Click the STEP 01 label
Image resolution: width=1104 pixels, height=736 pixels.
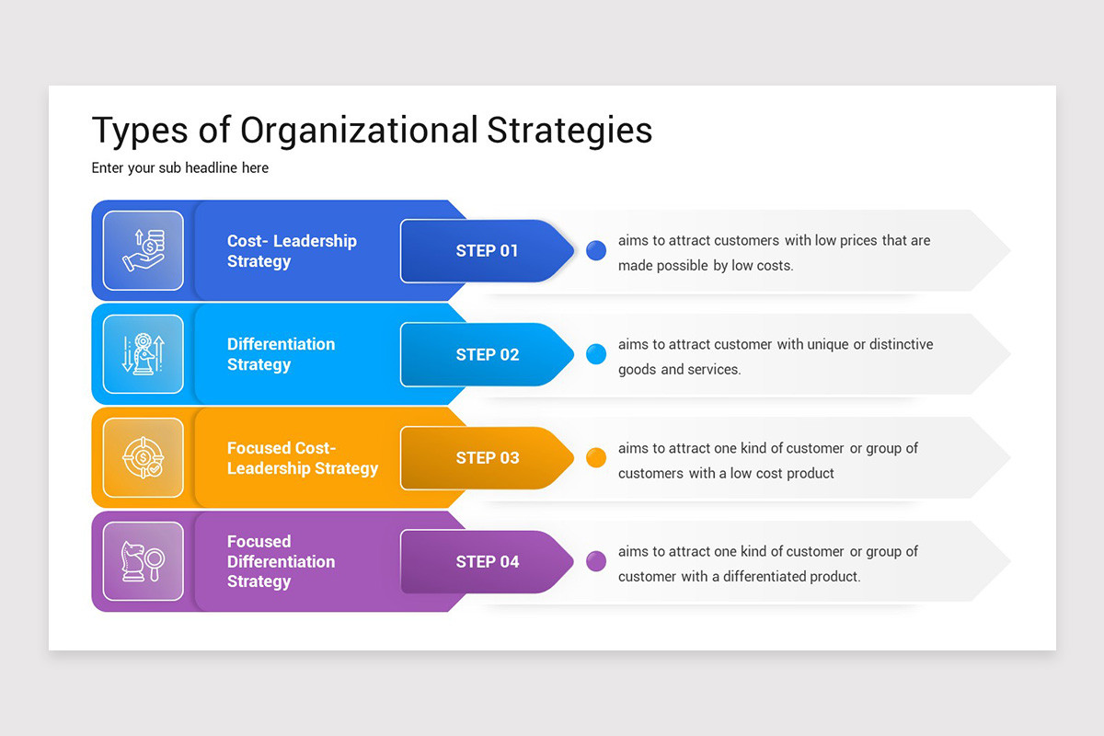coord(487,251)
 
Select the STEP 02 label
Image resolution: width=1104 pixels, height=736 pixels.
coord(487,355)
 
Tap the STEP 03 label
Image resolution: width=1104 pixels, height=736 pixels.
coord(487,458)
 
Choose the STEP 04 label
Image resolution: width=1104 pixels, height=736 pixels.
coord(487,562)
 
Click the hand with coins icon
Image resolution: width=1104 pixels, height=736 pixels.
coord(144,251)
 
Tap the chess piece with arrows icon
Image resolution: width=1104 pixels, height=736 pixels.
coord(144,354)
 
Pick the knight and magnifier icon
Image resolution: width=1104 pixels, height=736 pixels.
coord(144,561)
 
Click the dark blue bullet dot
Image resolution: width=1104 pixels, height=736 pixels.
coord(596,250)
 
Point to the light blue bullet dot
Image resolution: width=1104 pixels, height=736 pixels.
coord(596,354)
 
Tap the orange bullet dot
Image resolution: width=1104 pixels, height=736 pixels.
coord(596,457)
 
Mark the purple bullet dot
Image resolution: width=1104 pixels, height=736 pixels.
coord(596,561)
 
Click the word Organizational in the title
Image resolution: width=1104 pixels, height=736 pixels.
coord(359,131)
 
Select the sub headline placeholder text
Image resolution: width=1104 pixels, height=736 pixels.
coord(179,168)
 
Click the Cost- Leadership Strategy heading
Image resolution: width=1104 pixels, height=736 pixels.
coord(292,251)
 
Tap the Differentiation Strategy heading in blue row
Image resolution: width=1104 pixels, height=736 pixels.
coord(281,354)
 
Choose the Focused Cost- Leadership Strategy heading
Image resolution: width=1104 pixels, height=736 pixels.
coord(302,458)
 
